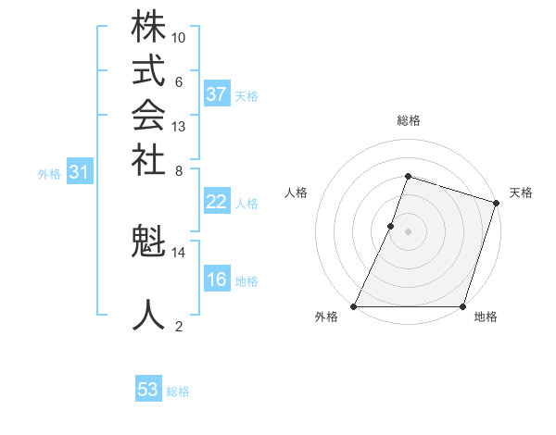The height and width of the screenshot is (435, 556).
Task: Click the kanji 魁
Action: [x=148, y=243]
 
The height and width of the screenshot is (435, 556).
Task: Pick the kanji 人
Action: [x=148, y=315]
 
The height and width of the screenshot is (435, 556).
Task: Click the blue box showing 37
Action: [x=217, y=94]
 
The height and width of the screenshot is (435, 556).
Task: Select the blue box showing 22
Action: [x=217, y=203]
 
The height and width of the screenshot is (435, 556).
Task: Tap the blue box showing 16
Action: [x=217, y=280]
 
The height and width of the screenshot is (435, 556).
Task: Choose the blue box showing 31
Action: [x=80, y=171]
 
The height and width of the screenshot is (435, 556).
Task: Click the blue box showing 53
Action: [x=148, y=390]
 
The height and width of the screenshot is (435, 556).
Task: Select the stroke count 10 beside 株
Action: [x=179, y=38]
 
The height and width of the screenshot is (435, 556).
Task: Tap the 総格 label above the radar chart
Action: [x=408, y=120]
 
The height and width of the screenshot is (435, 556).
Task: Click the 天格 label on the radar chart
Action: [x=521, y=193]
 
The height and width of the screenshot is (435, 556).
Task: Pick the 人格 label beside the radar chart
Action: [x=296, y=193]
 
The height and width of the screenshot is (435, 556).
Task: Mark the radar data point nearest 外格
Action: [x=355, y=306]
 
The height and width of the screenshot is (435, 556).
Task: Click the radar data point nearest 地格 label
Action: [x=462, y=306]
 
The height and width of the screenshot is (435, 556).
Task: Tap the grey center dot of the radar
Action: [x=408, y=231]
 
